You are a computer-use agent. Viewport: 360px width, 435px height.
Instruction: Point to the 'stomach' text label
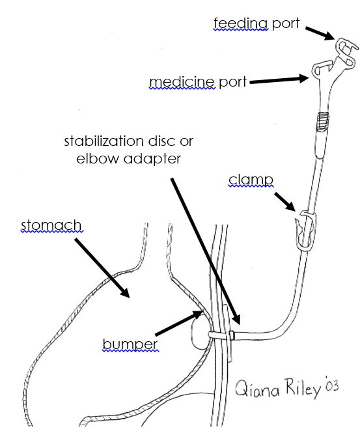pos(51,226)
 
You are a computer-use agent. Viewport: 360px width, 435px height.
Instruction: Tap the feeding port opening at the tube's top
pos(345,47)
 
